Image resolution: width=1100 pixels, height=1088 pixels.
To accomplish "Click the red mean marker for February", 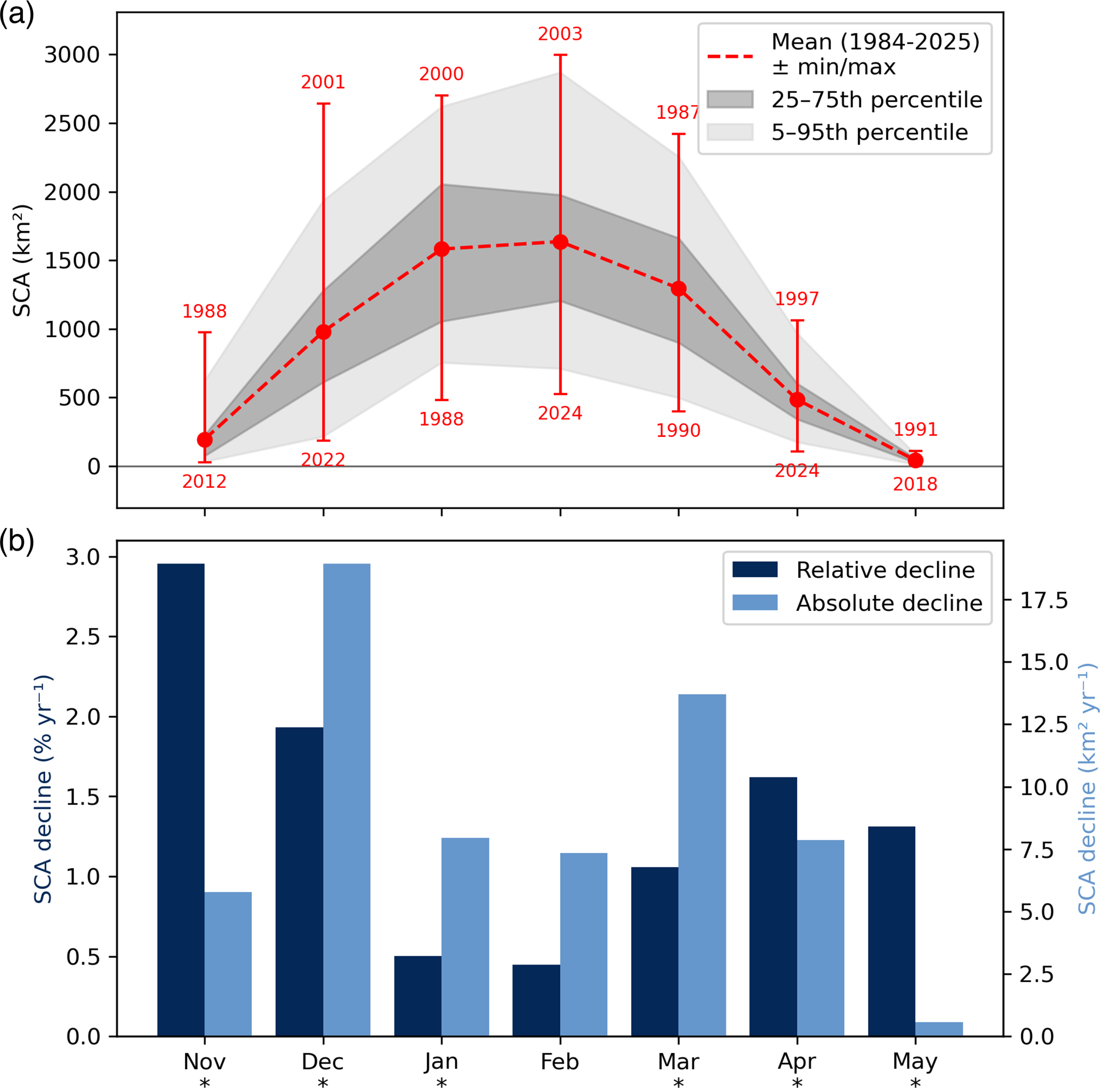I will [x=560, y=242].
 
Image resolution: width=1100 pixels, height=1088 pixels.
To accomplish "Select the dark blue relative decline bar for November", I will [x=180, y=800].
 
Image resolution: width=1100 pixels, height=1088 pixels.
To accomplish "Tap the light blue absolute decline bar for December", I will [x=347, y=800].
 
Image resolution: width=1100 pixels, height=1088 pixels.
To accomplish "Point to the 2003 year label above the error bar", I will [x=560, y=34].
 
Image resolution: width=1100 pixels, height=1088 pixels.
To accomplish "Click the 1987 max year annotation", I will [x=677, y=113].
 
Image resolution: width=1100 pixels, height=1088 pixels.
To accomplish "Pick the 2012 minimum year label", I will [x=204, y=481].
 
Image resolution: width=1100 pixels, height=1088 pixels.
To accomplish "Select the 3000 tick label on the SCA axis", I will [x=72, y=55].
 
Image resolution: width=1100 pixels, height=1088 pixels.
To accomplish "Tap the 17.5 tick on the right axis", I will [x=1044, y=601].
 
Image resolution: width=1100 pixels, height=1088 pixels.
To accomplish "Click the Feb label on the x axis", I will [x=560, y=1062].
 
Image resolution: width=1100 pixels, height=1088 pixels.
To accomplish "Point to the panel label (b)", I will [x=17, y=542].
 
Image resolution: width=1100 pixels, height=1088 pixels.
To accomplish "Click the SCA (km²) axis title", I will [x=23, y=261].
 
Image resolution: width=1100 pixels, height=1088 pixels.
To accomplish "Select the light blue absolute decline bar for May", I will [x=939, y=1029].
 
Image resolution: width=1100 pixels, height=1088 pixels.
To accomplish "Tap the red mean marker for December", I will [x=324, y=332].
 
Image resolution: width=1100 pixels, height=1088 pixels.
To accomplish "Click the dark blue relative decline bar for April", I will [x=773, y=907].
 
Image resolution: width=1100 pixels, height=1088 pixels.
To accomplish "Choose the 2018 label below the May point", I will [x=915, y=484].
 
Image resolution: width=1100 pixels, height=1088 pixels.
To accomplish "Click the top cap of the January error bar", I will [x=442, y=96].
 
